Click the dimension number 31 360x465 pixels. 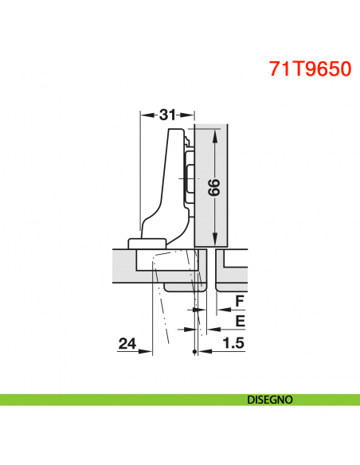click(167, 115)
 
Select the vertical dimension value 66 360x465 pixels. click(213, 187)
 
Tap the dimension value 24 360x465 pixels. click(127, 344)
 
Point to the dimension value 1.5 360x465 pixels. click(233, 344)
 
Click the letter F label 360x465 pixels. click(240, 301)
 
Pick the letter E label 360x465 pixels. click(240, 322)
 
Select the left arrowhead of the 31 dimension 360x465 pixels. click(145, 115)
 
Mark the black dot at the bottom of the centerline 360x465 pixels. click(194, 353)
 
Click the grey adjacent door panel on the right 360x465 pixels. click(235, 271)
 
